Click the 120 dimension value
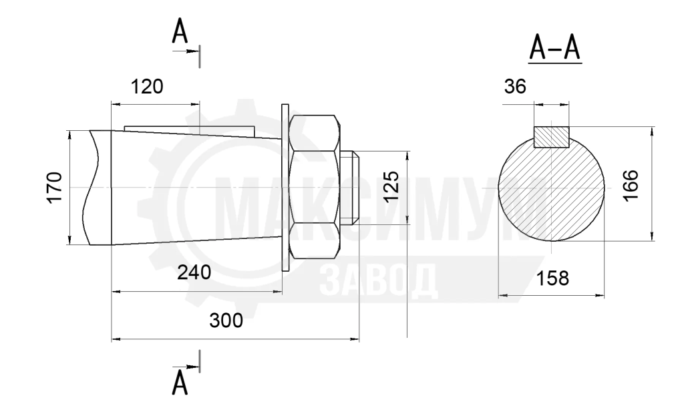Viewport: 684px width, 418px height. [x=147, y=87]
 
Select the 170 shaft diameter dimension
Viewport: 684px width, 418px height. [x=55, y=188]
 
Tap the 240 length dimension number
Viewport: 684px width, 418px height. [x=194, y=272]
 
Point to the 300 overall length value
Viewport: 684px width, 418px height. [x=226, y=321]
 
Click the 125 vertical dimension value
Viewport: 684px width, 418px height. [x=391, y=186]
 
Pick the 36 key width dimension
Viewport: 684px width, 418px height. [x=515, y=87]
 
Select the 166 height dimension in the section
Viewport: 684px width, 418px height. [x=631, y=185]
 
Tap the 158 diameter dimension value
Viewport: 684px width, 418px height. [x=552, y=278]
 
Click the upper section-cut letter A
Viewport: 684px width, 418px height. [x=180, y=32]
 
